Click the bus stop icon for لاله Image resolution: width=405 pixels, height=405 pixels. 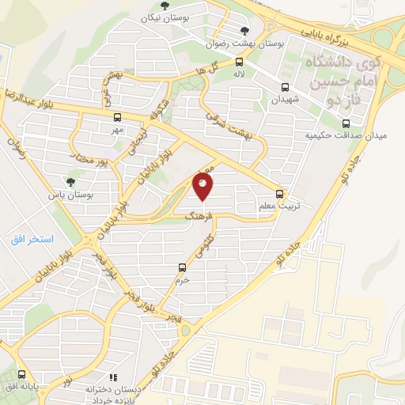(x=239, y=61)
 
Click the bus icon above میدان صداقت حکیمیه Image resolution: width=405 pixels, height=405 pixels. (x=345, y=123)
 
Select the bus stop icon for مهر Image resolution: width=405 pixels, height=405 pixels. (x=118, y=116)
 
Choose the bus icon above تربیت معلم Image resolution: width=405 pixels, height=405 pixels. (x=278, y=193)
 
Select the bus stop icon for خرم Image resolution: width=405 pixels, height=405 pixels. (x=182, y=267)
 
